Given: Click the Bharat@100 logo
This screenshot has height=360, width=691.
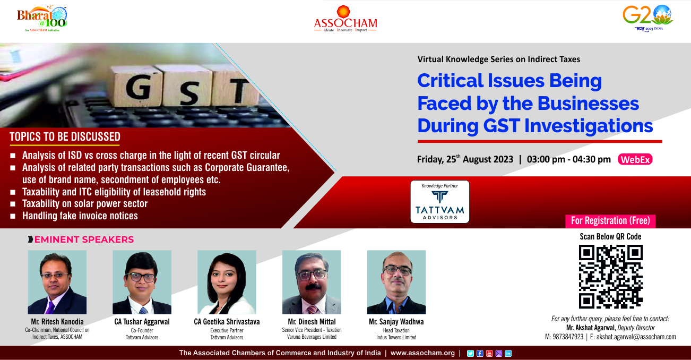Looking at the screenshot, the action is [42, 18].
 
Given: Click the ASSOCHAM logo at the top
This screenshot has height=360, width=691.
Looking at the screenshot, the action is [346, 19].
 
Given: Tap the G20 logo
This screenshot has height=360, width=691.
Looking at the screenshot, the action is [648, 18].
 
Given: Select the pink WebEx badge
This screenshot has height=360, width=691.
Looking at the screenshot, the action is [635, 159].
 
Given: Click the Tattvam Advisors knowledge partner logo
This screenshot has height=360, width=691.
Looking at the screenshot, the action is [439, 202].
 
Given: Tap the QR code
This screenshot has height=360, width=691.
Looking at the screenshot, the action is [610, 277].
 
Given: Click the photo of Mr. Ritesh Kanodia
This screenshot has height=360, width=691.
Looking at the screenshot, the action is [57, 282].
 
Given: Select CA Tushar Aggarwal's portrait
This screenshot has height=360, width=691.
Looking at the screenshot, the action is [142, 282].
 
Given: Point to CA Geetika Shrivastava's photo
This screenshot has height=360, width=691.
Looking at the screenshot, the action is [227, 282].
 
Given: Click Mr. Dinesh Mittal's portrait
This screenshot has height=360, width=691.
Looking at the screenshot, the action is [312, 282].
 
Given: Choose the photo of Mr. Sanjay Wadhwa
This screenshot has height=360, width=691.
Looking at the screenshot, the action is [396, 282].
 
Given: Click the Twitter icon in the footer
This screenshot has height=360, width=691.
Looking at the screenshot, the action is [470, 353].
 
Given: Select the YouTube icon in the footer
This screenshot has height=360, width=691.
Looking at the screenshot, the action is [489, 353].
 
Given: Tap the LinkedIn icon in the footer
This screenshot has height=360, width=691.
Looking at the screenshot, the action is [508, 353].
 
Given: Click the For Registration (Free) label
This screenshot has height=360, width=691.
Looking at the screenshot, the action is [610, 221].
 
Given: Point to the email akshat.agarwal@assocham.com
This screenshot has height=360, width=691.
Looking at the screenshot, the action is [636, 337].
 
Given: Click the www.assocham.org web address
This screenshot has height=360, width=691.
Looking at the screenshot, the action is [422, 353].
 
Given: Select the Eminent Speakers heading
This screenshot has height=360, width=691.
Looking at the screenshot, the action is [84, 239].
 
